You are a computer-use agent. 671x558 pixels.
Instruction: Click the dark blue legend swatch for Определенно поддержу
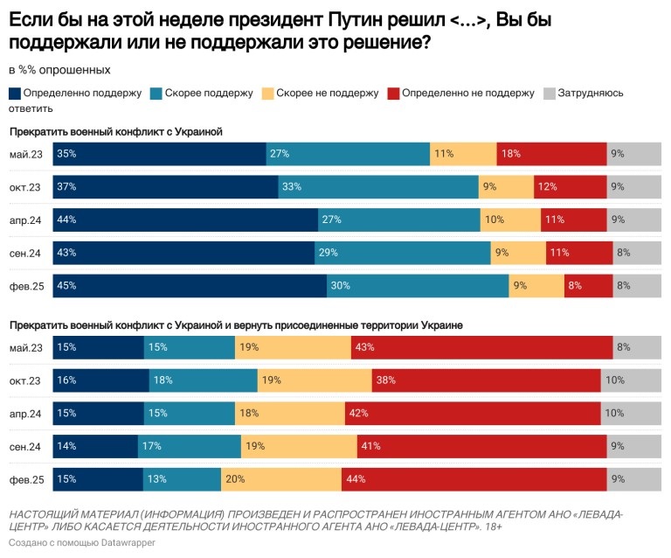click(x=15, y=94)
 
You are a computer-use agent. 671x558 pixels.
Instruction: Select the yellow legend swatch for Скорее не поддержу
click(x=267, y=94)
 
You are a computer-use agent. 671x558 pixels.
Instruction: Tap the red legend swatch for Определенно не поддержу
click(x=393, y=94)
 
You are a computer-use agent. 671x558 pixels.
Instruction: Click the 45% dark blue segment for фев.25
click(x=190, y=286)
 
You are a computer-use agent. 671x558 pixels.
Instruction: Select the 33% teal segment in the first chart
click(x=378, y=186)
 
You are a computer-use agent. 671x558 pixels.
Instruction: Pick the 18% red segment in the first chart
click(x=551, y=154)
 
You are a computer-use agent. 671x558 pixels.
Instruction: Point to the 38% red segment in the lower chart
click(x=486, y=380)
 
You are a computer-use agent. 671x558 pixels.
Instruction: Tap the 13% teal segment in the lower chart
click(x=182, y=479)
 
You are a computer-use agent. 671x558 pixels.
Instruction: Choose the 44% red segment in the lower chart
click(x=474, y=479)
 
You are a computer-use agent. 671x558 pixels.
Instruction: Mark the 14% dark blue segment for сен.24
click(x=95, y=446)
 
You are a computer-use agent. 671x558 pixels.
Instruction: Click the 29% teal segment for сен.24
click(x=402, y=253)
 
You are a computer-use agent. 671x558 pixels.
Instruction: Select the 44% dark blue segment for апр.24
click(x=185, y=220)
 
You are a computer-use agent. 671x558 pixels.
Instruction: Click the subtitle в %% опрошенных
click(x=59, y=69)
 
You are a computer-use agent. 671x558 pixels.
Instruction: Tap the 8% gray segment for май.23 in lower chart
click(x=637, y=347)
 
